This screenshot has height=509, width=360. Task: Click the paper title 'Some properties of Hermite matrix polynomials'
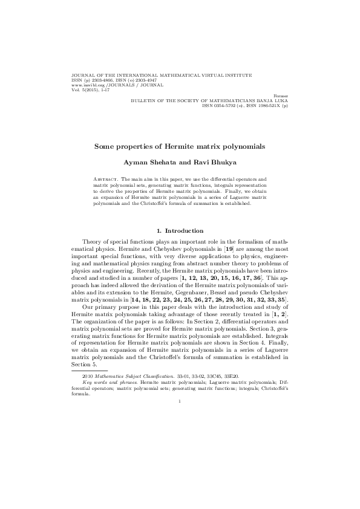180,146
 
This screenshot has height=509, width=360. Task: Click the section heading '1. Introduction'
180,230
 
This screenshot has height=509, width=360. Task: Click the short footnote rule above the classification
90,371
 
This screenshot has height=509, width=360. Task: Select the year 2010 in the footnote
87,377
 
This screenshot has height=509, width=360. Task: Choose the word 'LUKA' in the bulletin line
281,100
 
